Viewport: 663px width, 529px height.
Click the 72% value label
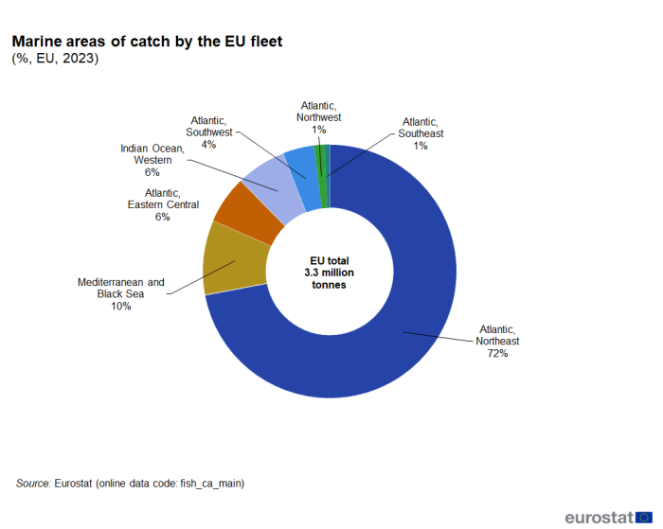(498, 354)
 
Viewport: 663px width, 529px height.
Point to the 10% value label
(120, 307)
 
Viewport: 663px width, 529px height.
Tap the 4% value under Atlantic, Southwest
(208, 145)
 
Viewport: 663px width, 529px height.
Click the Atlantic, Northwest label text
(319, 111)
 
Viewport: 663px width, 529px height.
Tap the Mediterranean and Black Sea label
(120, 288)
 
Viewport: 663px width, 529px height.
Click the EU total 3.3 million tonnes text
(329, 273)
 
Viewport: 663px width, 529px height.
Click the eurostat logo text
(599, 517)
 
